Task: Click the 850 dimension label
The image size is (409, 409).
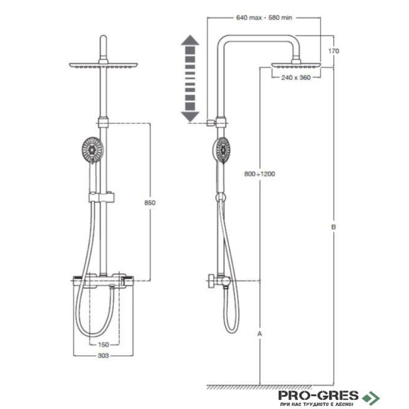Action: [150, 202]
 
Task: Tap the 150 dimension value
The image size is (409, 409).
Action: [103, 345]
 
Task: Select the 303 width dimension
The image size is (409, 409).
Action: [103, 355]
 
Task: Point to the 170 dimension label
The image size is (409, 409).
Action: [334, 51]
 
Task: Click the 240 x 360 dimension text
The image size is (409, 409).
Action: [296, 78]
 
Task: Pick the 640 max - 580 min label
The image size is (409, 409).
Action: [264, 17]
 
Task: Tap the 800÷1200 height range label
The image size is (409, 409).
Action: [260, 174]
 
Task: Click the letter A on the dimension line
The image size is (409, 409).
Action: [260, 333]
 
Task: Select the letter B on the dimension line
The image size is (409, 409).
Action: [333, 227]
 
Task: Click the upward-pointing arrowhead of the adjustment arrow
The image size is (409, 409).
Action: [190, 40]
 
